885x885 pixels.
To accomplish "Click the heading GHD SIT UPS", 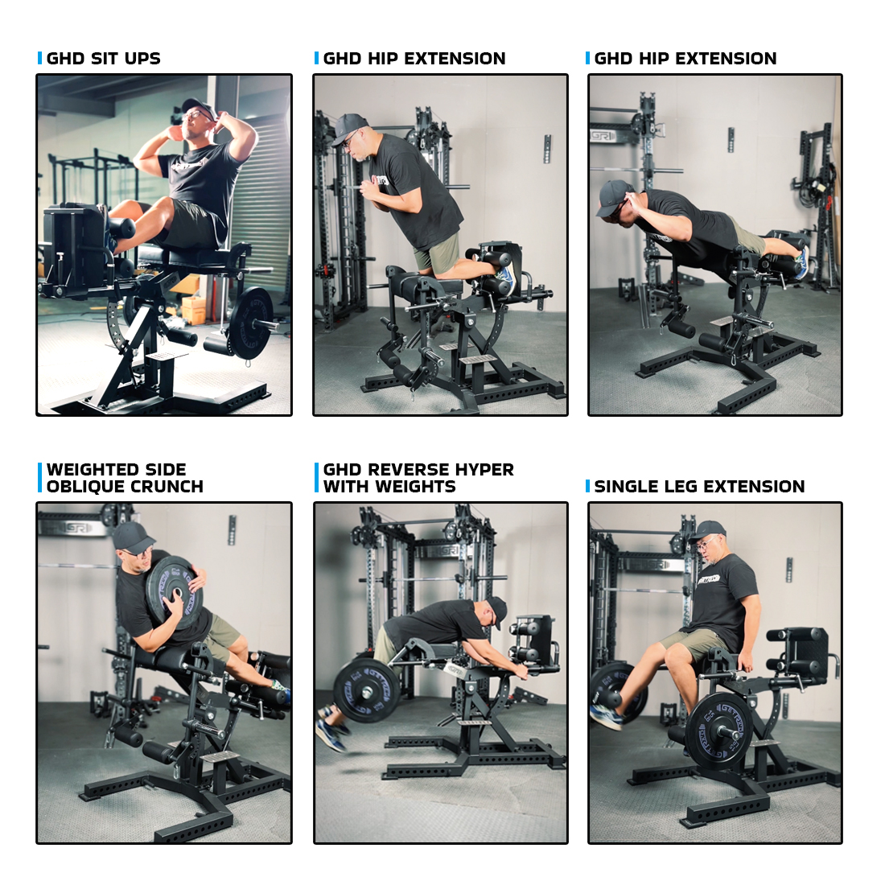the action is [103, 58].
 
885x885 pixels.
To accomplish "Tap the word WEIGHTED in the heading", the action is [88, 470].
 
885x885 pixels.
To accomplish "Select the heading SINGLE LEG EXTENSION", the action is [699, 487].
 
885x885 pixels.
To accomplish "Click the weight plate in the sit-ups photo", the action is [250, 323].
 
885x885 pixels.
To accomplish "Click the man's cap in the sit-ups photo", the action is [199, 106].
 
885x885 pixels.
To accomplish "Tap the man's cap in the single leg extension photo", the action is [708, 530].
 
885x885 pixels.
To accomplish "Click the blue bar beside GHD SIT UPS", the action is [39, 58].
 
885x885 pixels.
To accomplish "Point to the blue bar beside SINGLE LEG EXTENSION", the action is [587, 486].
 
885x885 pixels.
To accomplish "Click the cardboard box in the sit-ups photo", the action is [194, 309].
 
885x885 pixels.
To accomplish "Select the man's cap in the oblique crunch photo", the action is [134, 536].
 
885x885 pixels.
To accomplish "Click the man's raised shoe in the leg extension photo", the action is [606, 716].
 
